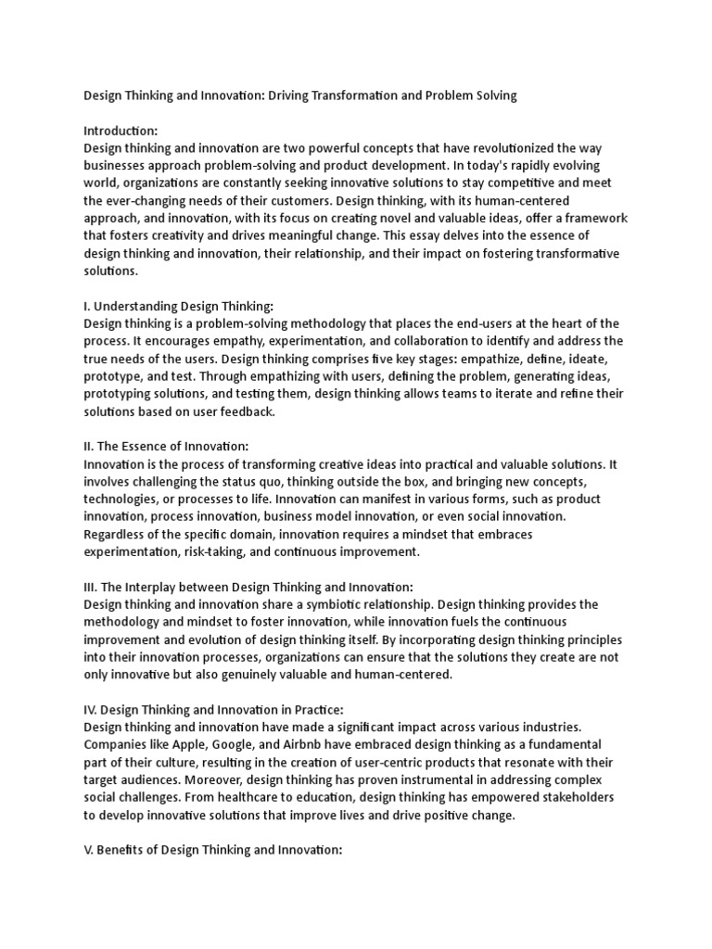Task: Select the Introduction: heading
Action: [x=121, y=131]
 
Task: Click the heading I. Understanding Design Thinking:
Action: [x=179, y=305]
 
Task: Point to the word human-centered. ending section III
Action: [x=406, y=674]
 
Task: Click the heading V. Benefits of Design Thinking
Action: [x=213, y=849]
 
